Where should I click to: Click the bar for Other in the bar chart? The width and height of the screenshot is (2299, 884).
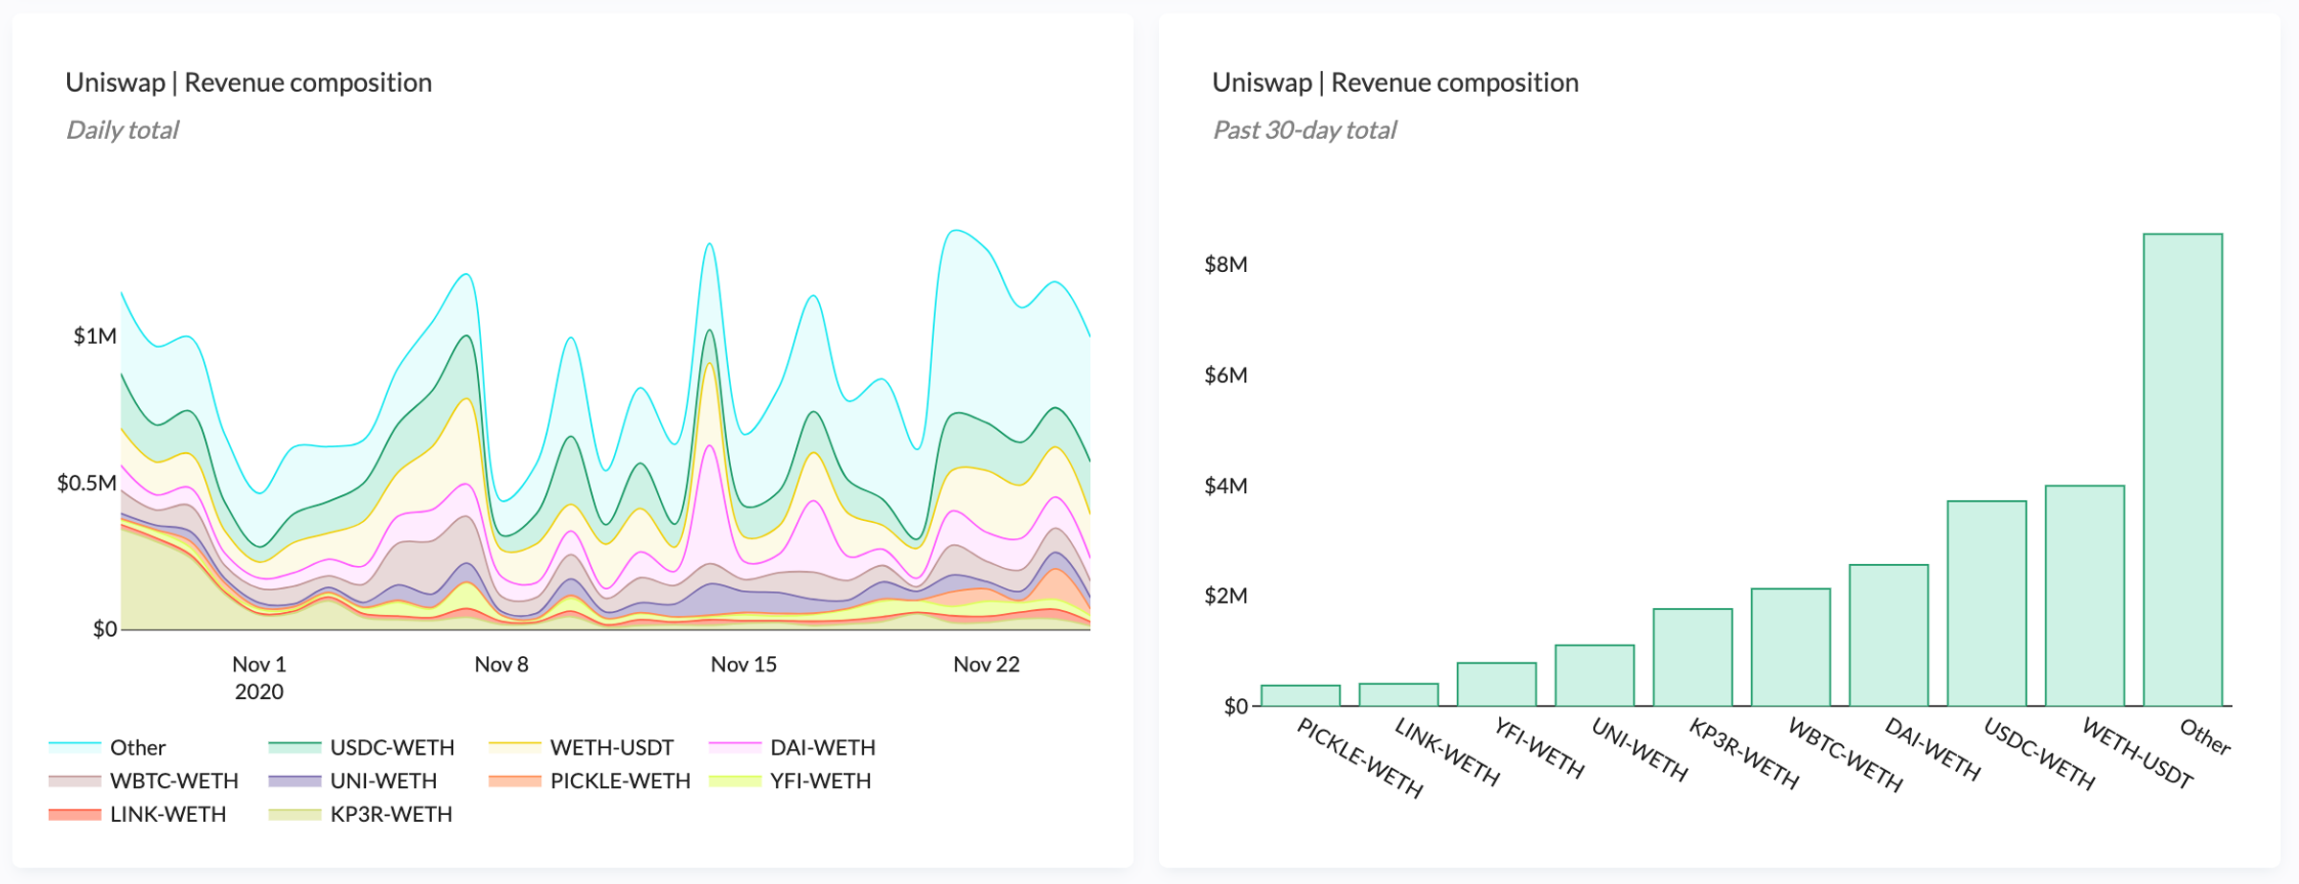2182,469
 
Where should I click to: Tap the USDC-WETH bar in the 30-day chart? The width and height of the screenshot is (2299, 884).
1987,603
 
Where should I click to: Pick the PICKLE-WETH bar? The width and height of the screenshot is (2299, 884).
1300,696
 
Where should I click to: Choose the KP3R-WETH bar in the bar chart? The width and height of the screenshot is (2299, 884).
1693,658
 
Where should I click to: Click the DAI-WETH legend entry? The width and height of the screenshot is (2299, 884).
822,747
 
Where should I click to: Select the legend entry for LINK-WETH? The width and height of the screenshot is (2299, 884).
168,814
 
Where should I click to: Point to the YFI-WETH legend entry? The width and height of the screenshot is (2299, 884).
820,781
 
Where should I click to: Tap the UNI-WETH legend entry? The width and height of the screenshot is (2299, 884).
383,781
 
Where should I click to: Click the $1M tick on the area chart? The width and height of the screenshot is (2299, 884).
95,336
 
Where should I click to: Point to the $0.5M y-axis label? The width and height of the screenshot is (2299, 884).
86,483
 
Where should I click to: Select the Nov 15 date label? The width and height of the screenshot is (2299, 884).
743,665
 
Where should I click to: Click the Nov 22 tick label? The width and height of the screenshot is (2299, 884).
986,665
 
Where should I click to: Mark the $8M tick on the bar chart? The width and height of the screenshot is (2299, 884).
1225,264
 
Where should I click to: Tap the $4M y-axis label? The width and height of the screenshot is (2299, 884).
1225,486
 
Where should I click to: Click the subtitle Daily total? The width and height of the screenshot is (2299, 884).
122,130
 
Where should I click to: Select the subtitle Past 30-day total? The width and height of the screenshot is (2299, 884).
1304,130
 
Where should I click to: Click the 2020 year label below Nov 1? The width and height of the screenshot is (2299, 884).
259,691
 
